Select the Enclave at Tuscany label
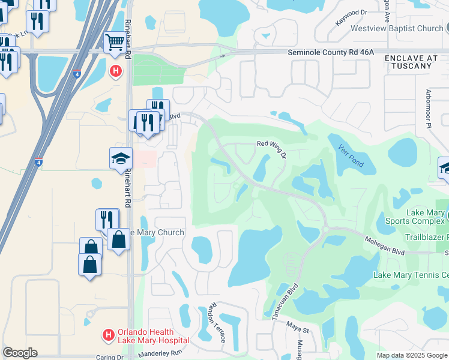click(408, 61)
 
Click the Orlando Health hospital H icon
click(108, 334)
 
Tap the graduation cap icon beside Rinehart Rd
click(121, 159)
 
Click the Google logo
click(20, 353)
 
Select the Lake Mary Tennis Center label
click(411, 275)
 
